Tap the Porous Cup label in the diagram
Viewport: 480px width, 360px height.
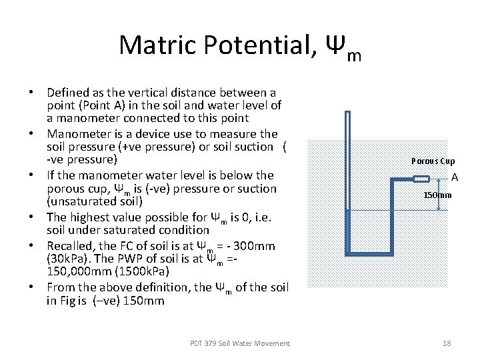coord(433,161)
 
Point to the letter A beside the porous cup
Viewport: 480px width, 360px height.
coord(455,177)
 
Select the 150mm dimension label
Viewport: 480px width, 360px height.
coord(438,195)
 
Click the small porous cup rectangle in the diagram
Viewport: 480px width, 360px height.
coord(421,178)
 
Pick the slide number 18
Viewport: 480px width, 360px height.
coord(447,343)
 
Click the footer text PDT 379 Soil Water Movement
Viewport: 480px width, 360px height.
coord(240,343)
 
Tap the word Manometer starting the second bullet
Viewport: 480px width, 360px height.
coord(79,133)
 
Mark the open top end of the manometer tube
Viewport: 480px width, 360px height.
coord(347,113)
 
